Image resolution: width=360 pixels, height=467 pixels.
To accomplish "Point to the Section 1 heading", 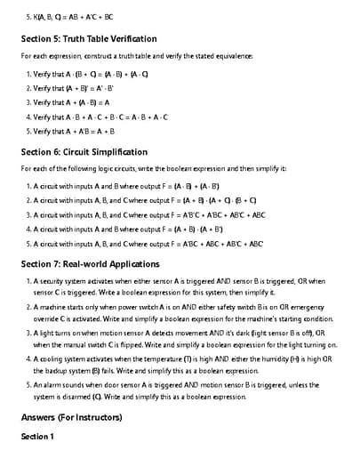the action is [x=37, y=437].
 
